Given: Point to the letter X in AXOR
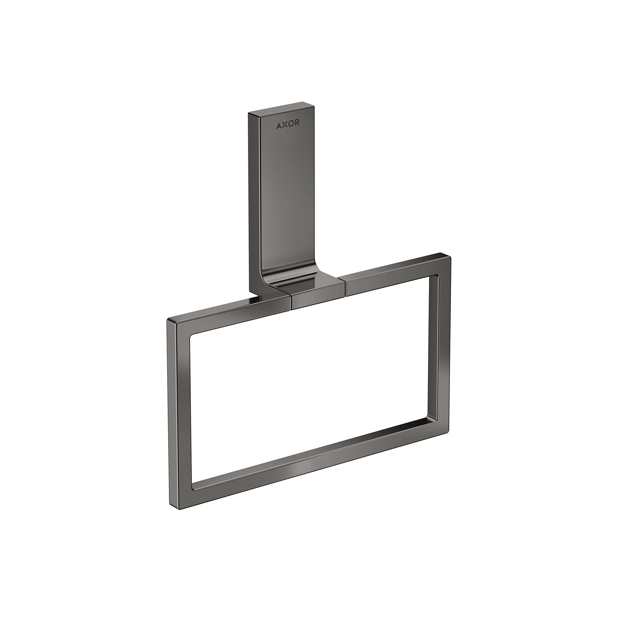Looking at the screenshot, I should point(284,126).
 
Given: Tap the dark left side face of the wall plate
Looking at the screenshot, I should point(254,198).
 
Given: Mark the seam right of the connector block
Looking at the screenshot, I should point(345,286).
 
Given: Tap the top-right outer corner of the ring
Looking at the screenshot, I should point(450,255).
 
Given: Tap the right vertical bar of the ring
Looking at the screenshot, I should point(440,345).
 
